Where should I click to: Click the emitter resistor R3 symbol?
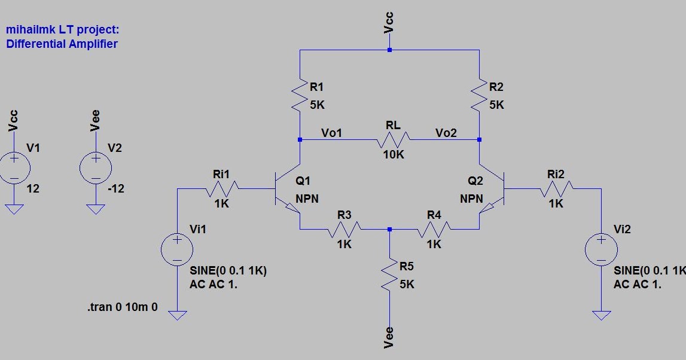[x=343, y=229]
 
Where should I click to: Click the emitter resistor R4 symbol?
[x=434, y=229]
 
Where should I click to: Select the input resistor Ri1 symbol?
[x=222, y=189]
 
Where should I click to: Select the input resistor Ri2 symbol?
[x=556, y=189]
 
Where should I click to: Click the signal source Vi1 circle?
[x=178, y=249]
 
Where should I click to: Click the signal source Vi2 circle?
[x=602, y=249]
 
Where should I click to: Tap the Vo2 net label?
[x=446, y=133]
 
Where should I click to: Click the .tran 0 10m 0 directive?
[x=123, y=308]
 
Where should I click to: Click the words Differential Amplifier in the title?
[x=62, y=44]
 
